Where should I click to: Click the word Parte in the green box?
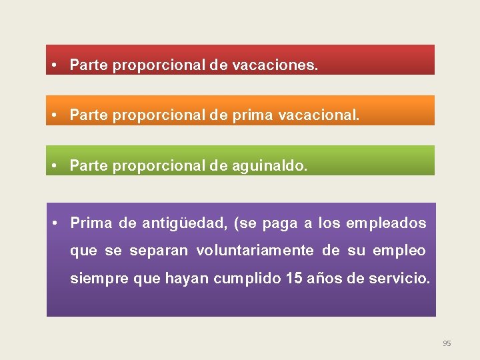pos(89,165)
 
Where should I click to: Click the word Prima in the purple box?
pos(91,223)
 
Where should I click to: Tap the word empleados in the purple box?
pos(386,223)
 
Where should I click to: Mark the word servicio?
pos(399,278)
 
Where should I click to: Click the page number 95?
pos(447,343)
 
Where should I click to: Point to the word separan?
pos(160,251)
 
